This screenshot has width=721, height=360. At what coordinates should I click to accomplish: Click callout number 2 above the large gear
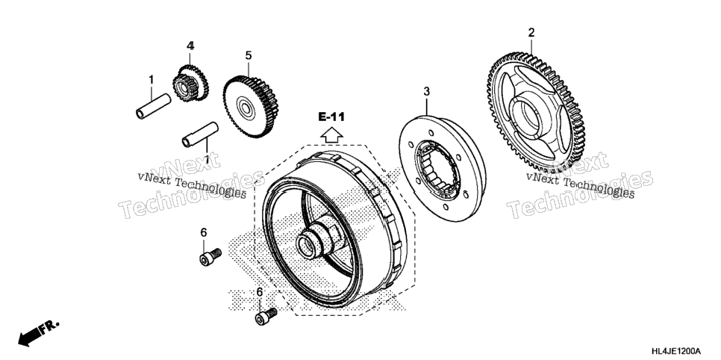point(531,33)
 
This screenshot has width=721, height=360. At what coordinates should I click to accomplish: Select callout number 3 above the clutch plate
point(427,92)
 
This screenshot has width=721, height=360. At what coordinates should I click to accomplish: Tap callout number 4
point(190,46)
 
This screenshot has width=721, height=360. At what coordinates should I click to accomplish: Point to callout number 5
point(249,56)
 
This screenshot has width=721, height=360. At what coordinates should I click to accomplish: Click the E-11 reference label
point(331,117)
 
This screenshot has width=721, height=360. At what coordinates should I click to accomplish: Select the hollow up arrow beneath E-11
point(331,135)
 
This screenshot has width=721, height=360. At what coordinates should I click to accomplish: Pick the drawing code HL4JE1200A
point(676,351)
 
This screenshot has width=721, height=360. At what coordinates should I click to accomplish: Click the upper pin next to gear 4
point(153,106)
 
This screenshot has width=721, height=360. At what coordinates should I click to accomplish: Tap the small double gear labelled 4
point(190,83)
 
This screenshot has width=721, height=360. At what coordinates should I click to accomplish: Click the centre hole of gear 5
point(247,110)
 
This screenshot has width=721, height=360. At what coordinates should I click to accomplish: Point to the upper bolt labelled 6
point(210,257)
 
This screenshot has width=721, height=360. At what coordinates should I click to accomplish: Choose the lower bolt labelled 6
point(266,316)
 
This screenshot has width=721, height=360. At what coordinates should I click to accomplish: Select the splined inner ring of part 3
point(437,169)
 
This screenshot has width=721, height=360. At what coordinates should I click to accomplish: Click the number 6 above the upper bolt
point(204,233)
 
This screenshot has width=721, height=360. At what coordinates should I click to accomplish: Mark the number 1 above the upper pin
point(151,80)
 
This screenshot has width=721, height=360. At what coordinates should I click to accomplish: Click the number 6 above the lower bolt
point(259,292)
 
